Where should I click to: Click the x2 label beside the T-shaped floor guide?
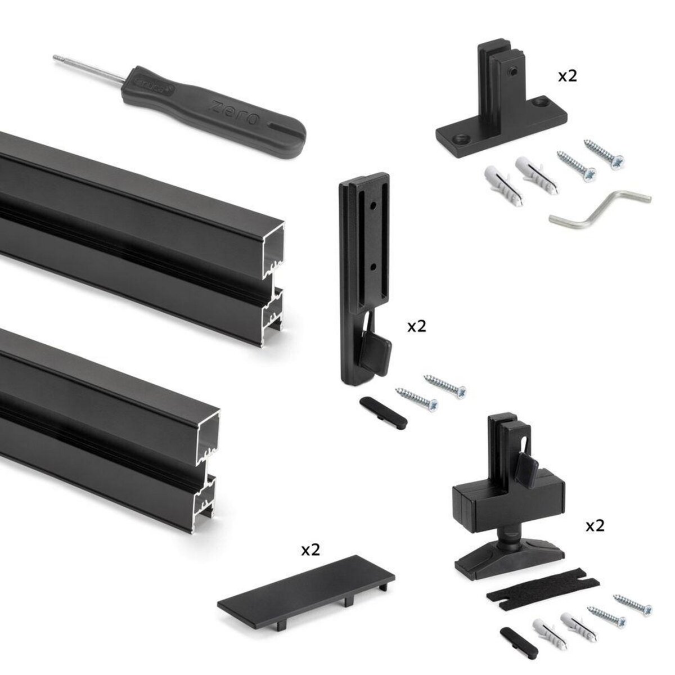pos(567,76)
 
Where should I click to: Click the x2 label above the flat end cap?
pos(309,551)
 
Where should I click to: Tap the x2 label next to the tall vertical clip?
pos(417,327)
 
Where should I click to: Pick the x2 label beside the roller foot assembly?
pos(595,526)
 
